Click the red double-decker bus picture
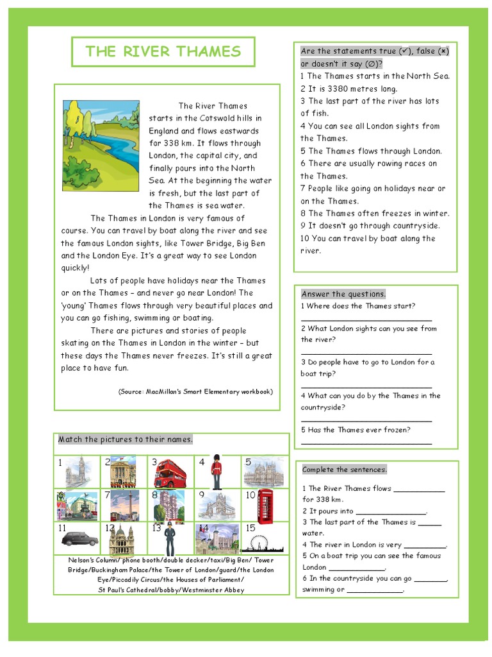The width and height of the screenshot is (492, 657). coord(170,474)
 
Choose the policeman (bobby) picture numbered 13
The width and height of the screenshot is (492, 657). coord(169,539)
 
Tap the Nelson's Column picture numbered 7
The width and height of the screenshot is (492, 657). coord(124,506)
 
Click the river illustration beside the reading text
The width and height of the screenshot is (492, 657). coord(101,146)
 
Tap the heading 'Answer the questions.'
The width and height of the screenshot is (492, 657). coord(343,294)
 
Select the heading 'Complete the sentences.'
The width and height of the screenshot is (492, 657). coord(345,470)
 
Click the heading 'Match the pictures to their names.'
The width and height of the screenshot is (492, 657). coord(126,439)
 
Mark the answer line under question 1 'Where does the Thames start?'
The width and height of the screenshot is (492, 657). coord(366,319)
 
